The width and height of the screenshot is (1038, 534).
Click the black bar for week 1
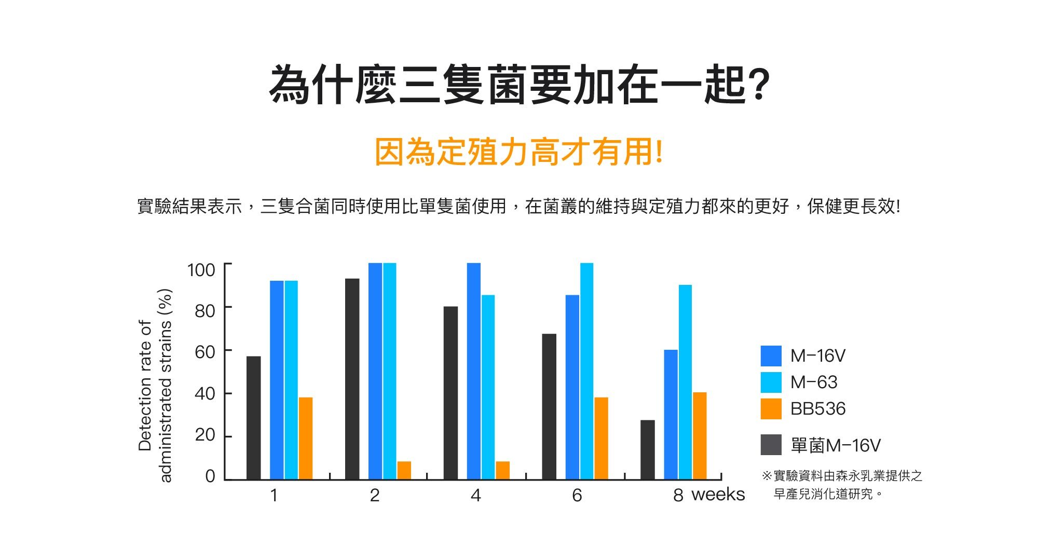253,418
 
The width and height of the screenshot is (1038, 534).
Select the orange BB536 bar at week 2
404,470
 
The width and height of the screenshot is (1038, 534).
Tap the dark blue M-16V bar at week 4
473,371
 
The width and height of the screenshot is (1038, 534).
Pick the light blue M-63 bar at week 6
586,371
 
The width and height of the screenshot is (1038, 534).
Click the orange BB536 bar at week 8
700,436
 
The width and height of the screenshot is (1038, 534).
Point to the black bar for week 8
647,449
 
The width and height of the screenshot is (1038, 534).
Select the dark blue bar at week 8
671,415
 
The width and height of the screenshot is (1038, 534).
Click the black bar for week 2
352,379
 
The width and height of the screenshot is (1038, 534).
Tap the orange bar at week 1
306,438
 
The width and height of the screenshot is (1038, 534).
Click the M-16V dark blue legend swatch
771,356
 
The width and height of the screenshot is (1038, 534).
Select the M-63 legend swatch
771,382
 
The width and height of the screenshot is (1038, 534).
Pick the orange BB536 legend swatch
771,409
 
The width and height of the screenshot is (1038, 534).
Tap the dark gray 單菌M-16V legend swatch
771,445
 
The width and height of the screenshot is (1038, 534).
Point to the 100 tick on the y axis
201,270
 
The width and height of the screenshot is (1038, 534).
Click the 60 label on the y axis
204,352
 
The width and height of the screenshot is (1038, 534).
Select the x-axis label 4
475,496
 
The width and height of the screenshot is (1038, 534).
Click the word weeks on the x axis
718,495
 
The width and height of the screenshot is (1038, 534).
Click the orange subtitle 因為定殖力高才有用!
518,153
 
